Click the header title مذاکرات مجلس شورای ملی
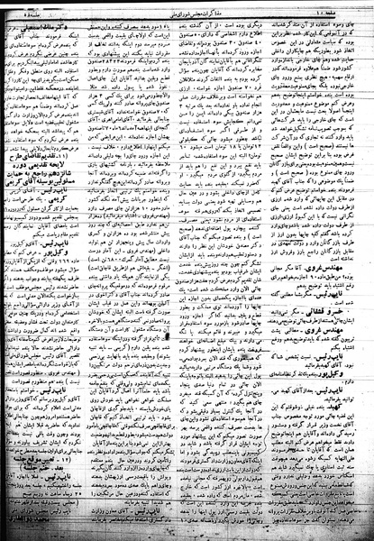point(187,9)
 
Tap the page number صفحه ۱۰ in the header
point(346,10)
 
